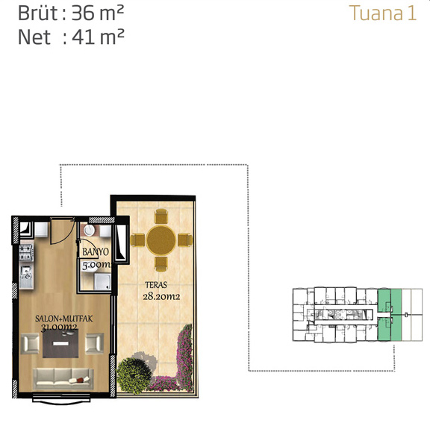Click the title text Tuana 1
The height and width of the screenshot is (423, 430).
pos(383,13)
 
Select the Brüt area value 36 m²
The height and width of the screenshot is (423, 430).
pos(98,13)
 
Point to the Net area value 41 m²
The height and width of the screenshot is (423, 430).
pos(98,37)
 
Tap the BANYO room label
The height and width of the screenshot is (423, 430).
pos(96,251)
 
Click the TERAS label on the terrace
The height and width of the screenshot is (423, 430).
pos(156,285)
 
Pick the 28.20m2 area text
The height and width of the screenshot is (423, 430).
pos(161,296)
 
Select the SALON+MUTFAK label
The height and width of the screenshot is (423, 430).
pos(63,319)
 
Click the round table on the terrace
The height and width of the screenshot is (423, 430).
pos(161,240)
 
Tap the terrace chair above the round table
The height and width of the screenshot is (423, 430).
pos(161,216)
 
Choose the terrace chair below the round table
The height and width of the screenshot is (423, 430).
pos(161,264)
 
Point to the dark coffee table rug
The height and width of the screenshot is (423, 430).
pos(60,344)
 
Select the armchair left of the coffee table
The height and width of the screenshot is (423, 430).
pos(30,343)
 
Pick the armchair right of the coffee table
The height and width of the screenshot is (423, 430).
pos(94,343)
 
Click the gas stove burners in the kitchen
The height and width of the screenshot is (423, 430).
pos(26,253)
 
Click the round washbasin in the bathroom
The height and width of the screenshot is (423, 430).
pos(89,231)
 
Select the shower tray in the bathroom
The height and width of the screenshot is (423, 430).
pos(102,281)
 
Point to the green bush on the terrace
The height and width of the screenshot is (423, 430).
pos(134,375)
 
